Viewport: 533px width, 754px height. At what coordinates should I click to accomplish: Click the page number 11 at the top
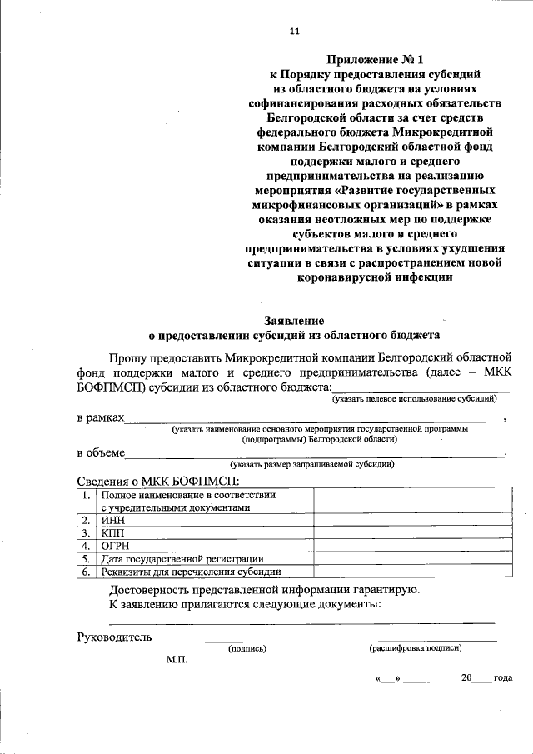[x=293, y=32]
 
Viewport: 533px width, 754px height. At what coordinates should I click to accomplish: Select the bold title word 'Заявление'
[x=293, y=320]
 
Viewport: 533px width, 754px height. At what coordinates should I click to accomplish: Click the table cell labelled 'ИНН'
[x=113, y=520]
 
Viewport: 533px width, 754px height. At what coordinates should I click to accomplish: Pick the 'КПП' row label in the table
[x=113, y=532]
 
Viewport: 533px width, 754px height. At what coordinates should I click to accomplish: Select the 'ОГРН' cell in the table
[x=117, y=545]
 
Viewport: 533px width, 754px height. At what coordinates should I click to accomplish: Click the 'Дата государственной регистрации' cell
[x=182, y=558]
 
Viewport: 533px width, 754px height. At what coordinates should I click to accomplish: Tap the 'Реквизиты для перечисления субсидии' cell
[x=191, y=572]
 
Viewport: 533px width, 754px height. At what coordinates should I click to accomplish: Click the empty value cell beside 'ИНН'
[x=412, y=520]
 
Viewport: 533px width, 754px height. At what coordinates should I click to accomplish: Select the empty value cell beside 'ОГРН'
[x=412, y=545]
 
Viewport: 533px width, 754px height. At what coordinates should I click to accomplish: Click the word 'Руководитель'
[x=114, y=637]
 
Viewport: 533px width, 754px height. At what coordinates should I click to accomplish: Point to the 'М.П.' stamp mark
[x=177, y=659]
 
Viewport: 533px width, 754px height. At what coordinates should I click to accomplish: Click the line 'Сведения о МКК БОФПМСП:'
[x=158, y=481]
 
